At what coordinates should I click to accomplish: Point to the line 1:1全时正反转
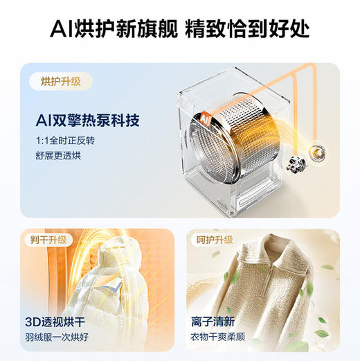tap(66, 142)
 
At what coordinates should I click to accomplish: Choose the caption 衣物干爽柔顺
tap(232, 338)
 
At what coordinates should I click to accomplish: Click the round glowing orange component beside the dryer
tap(318, 150)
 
